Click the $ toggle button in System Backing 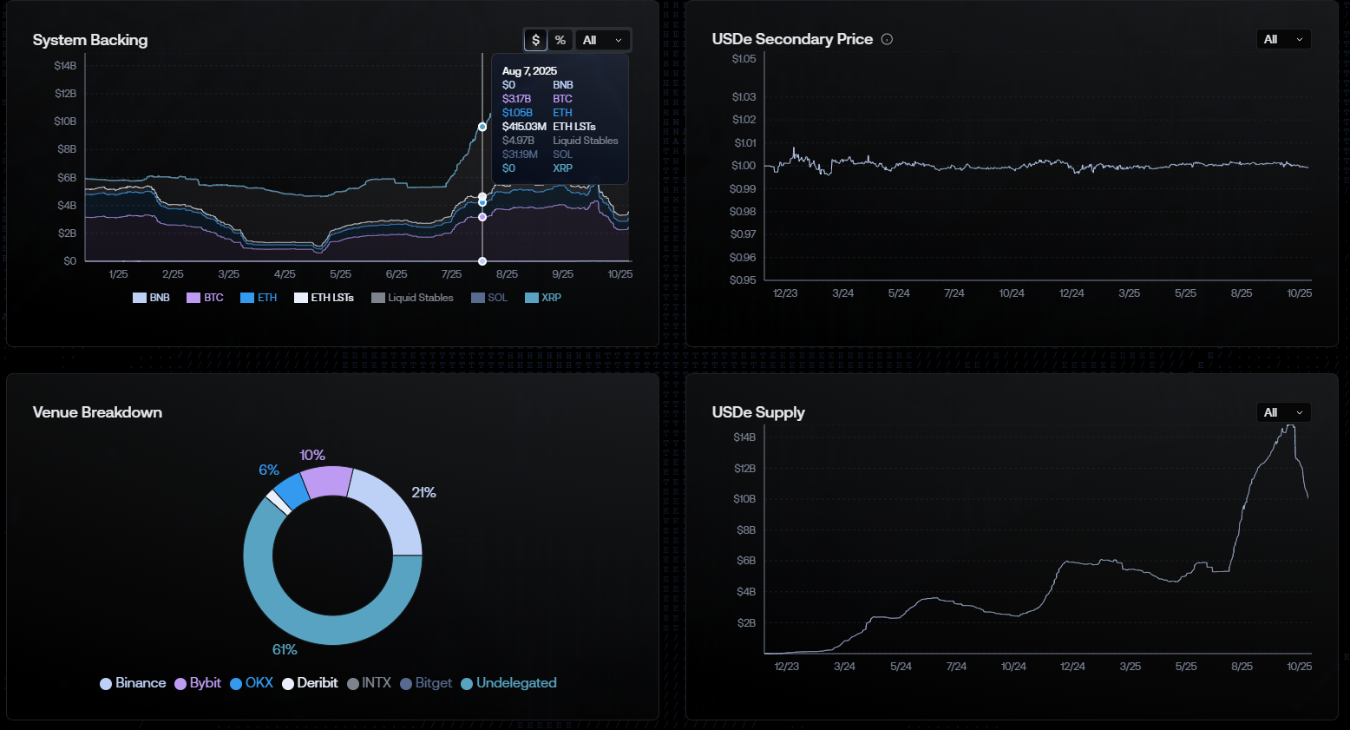535,40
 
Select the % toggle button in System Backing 560,40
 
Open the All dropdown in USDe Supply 1283,412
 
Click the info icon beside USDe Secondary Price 887,39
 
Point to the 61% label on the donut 285,649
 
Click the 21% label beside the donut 423,492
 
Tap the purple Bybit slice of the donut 327,482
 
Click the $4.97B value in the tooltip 518,141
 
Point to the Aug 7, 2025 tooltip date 529,71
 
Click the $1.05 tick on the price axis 744,59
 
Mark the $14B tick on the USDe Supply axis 744,437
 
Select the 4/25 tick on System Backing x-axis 285,274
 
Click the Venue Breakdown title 97,412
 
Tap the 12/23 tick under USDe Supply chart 786,667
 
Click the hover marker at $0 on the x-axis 482,261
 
